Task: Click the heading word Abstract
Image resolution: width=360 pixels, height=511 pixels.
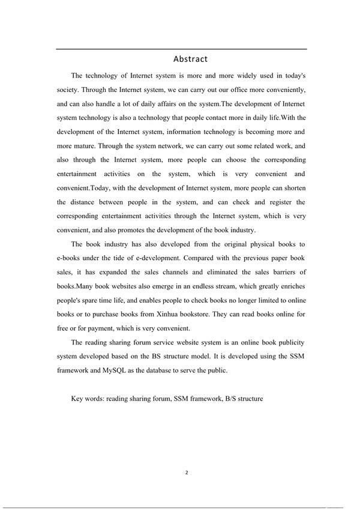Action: click(190, 59)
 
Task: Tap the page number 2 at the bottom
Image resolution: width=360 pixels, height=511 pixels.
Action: click(187, 472)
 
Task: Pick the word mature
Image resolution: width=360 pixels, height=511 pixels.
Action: click(82, 145)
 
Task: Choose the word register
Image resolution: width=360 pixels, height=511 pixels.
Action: click(274, 202)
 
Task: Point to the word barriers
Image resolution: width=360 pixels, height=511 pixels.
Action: click(277, 272)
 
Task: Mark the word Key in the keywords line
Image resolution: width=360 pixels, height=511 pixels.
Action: click(77, 399)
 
